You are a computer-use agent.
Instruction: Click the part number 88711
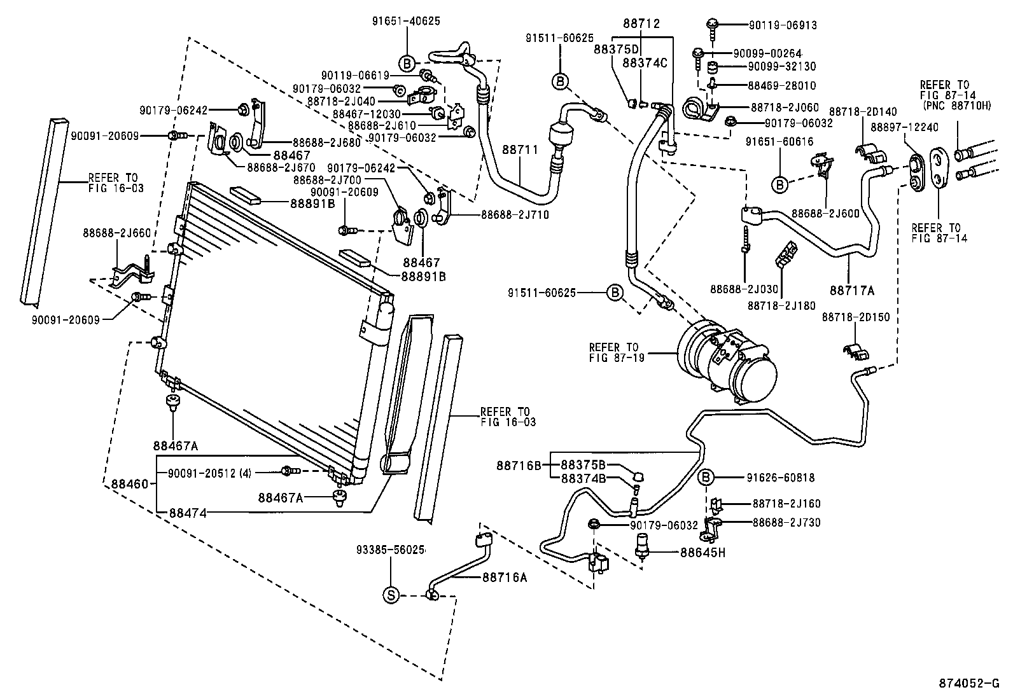pyautogui.click(x=520, y=150)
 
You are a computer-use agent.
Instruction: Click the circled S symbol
pyautogui.click(x=392, y=595)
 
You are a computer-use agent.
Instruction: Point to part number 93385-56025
pyautogui.click(x=390, y=550)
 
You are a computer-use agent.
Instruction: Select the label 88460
pyautogui.click(x=129, y=484)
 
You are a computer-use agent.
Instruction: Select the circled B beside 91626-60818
pyautogui.click(x=706, y=478)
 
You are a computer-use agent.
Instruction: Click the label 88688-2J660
pyautogui.click(x=116, y=233)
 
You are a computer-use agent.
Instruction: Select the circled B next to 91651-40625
pyautogui.click(x=407, y=62)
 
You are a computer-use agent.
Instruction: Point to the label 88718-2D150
pyautogui.click(x=855, y=317)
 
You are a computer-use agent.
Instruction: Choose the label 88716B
pyautogui.click(x=519, y=466)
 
